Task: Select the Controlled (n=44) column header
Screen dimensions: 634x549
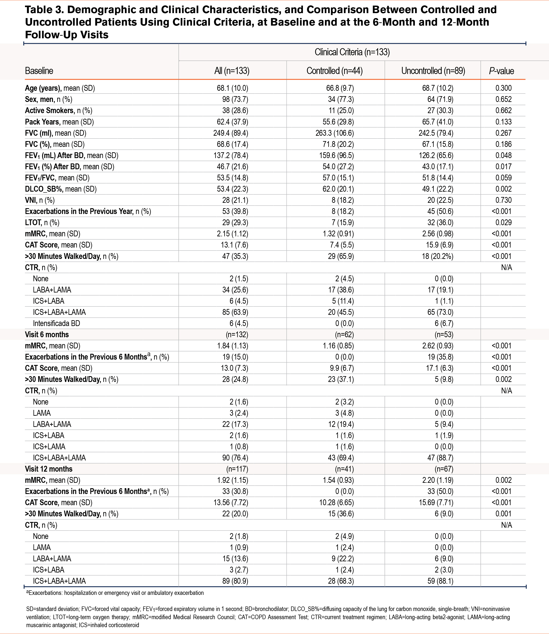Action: tap(335, 71)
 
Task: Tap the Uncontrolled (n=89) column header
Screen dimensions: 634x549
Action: tap(433, 71)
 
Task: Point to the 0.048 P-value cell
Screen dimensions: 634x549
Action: tap(503, 155)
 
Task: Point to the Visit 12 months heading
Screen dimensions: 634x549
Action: tap(49, 469)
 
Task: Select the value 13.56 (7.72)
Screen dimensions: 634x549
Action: tap(231, 503)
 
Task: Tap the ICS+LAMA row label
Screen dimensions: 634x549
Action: tap(49, 447)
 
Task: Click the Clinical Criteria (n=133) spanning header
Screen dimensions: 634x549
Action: tap(352, 52)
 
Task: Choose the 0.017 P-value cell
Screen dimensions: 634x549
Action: tap(503, 167)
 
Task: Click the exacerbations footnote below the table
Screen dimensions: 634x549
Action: tap(115, 593)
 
